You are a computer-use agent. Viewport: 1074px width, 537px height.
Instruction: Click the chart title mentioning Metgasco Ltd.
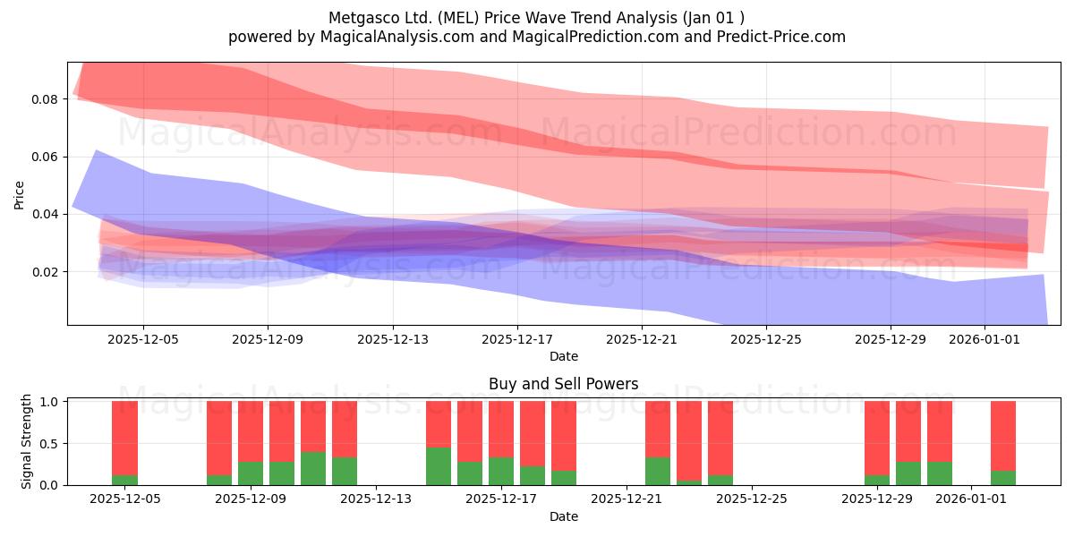click(x=536, y=18)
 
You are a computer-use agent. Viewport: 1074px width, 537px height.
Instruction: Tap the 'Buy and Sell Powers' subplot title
click(x=563, y=384)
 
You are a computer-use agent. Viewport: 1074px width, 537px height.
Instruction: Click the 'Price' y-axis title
click(x=19, y=195)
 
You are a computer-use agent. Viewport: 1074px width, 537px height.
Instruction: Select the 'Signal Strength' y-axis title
click(x=26, y=441)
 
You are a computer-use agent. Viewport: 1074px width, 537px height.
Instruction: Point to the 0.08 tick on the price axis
click(x=44, y=99)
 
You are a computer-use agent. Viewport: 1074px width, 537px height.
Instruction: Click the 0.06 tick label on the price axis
click(x=44, y=157)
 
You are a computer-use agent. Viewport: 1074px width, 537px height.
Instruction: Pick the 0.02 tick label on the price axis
click(x=44, y=272)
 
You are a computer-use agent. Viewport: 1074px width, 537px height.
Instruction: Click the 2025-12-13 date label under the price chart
click(x=393, y=339)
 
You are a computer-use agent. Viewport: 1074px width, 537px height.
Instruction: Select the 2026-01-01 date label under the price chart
click(x=984, y=339)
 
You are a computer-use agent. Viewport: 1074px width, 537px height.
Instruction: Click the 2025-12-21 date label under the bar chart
click(x=626, y=499)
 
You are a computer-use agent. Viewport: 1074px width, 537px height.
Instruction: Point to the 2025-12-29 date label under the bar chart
click(x=877, y=499)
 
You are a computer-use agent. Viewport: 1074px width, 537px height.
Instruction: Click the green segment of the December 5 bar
click(x=124, y=480)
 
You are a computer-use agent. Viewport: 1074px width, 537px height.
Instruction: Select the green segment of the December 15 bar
click(x=439, y=466)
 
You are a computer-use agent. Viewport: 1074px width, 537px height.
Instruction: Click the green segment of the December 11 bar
click(x=313, y=468)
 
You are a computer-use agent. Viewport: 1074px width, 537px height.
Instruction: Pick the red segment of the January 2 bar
click(x=1003, y=436)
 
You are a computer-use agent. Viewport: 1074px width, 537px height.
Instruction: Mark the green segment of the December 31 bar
click(x=940, y=473)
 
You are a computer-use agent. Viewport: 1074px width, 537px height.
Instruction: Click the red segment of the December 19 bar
click(x=564, y=436)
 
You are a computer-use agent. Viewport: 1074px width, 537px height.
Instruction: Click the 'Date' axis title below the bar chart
click(x=563, y=516)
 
